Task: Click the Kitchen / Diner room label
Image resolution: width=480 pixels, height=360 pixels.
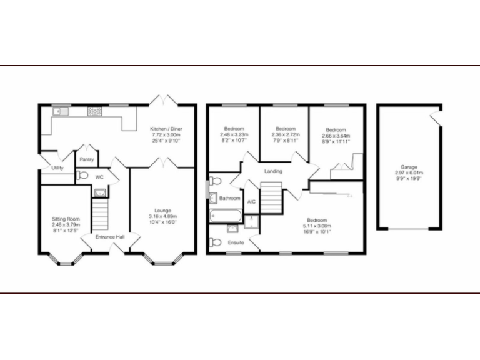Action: point(166,129)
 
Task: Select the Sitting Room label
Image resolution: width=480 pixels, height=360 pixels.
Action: point(66,219)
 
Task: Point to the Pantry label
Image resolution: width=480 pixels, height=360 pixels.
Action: point(87,159)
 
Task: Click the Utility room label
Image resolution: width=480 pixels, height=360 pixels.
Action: point(57,168)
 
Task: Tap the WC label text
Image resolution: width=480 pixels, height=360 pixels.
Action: point(99,177)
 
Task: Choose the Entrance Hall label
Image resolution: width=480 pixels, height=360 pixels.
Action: point(110,237)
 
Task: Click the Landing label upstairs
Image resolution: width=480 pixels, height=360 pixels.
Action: point(273,171)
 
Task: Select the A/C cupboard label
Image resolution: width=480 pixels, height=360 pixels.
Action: point(251,202)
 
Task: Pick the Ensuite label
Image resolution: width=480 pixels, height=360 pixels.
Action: point(236,242)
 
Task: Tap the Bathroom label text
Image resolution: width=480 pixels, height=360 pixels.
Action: point(229,198)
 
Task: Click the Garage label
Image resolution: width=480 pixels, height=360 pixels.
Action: point(409,167)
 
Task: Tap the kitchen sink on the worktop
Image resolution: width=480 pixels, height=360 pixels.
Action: point(60,111)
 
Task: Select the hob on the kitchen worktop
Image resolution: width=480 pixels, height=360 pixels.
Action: point(95,111)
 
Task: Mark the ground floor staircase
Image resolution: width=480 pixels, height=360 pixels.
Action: point(101,212)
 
